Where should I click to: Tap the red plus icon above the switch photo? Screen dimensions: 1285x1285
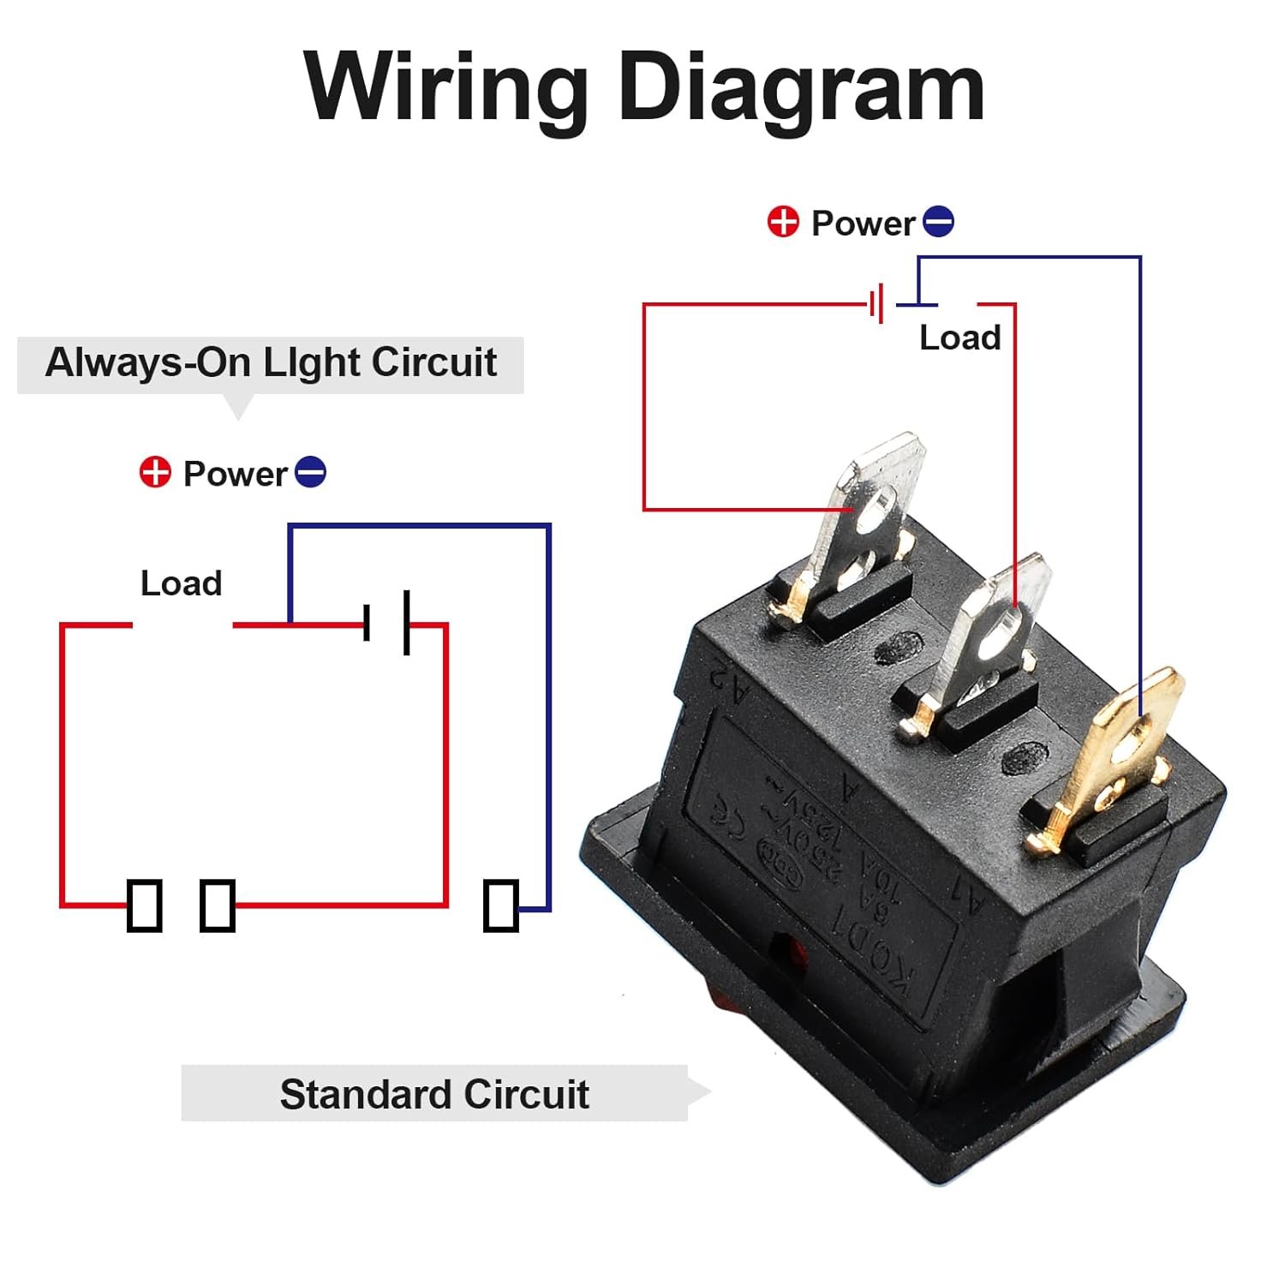[x=782, y=222]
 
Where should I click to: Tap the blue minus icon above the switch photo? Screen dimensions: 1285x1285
[x=938, y=222]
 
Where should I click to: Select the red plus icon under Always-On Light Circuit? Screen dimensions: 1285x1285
[x=155, y=472]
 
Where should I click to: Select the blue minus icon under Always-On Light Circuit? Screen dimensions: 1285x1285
[x=310, y=472]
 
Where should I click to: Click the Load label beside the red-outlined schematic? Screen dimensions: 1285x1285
[x=181, y=583]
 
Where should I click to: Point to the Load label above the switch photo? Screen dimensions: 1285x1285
[x=959, y=338]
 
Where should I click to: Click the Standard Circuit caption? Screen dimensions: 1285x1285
[x=434, y=1094]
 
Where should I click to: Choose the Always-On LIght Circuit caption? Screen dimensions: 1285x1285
[x=271, y=362]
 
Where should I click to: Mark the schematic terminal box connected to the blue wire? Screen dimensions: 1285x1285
[x=500, y=905]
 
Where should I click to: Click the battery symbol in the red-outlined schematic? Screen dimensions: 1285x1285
[x=387, y=623]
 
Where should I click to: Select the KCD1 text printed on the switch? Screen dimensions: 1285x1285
[x=878, y=955]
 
